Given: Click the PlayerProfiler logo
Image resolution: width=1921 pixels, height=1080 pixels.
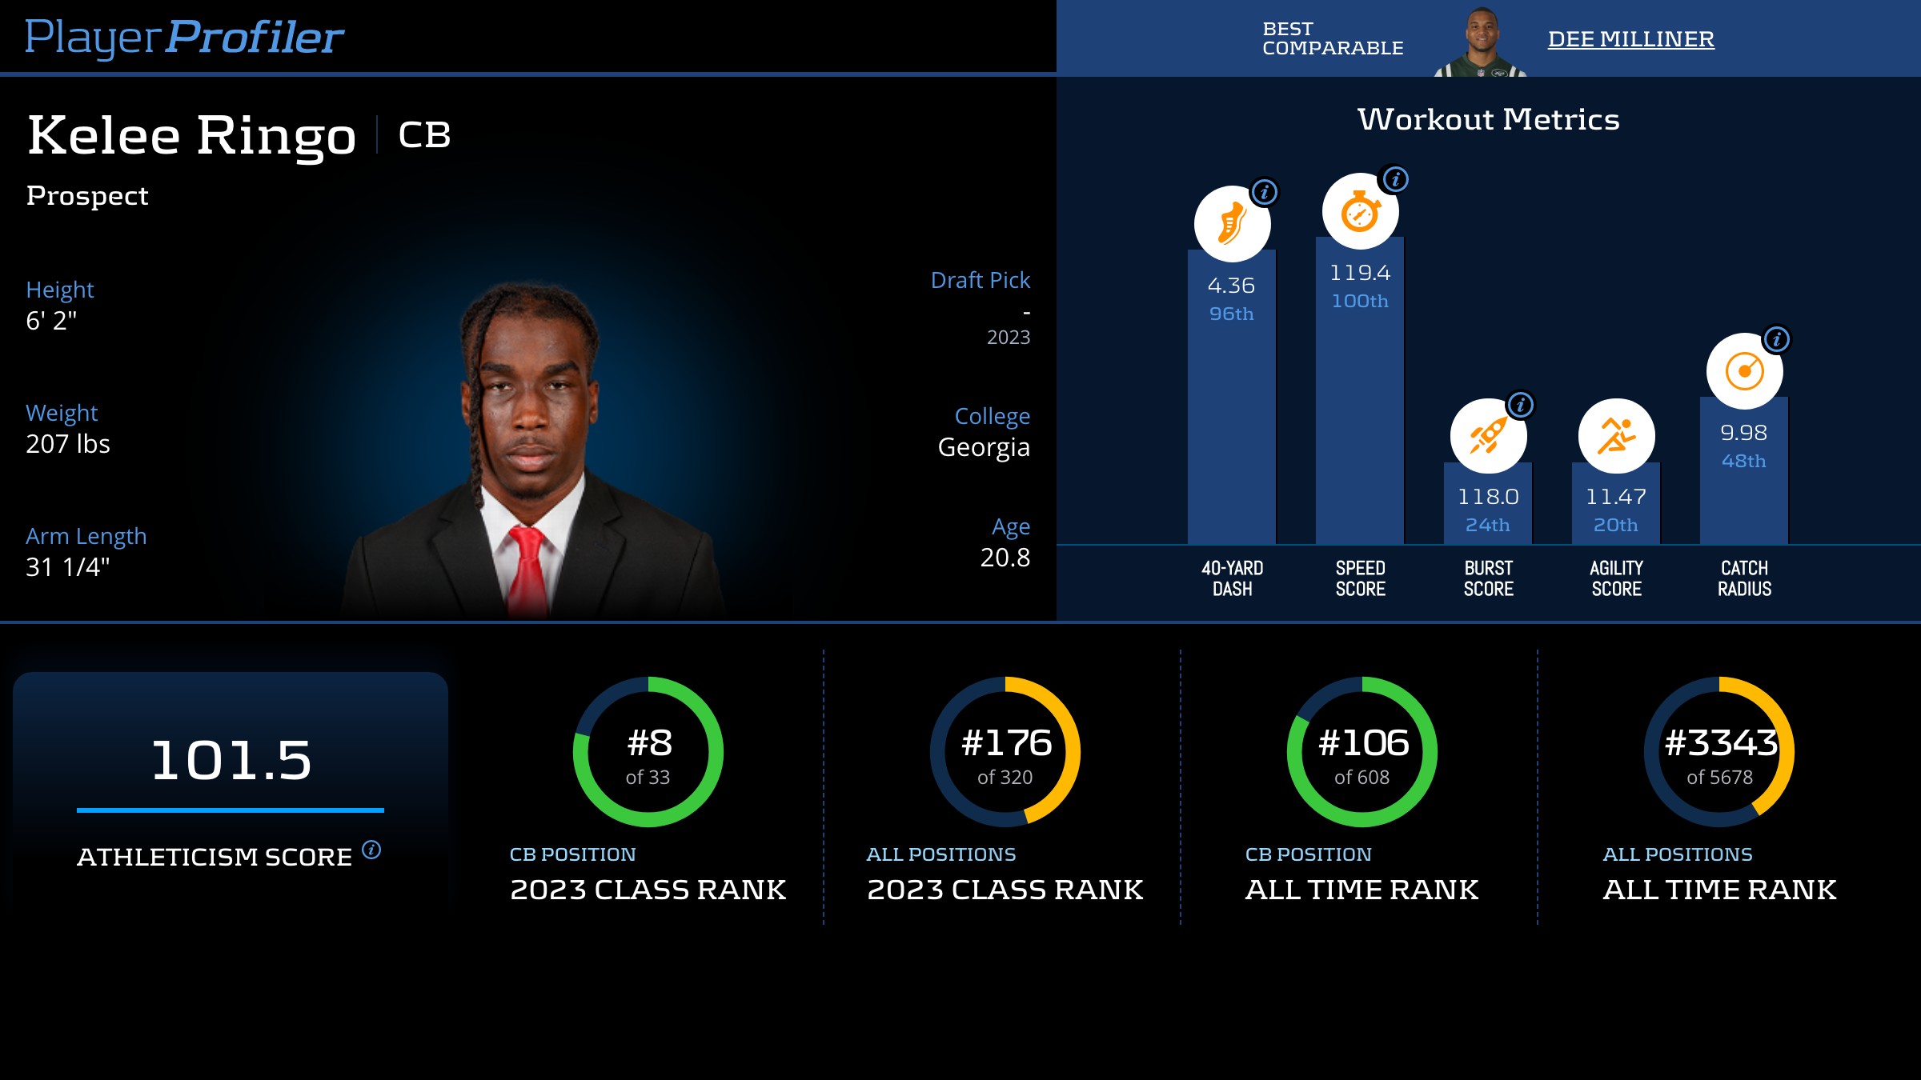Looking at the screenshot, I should (184, 37).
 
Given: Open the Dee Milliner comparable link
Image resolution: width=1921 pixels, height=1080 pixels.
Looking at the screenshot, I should (1630, 39).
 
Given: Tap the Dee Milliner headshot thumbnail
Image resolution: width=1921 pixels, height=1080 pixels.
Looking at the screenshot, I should (1482, 42).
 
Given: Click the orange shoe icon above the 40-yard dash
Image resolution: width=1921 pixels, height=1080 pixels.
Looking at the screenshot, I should (1232, 223).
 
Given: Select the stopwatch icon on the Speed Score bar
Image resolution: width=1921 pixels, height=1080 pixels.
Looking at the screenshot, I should (1360, 212).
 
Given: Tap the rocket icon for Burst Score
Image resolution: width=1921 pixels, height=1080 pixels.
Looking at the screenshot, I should (1488, 436).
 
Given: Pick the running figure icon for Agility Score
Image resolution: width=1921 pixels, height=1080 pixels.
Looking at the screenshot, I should (1616, 436).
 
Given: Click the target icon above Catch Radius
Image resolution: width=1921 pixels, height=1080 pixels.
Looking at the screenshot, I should (1744, 371).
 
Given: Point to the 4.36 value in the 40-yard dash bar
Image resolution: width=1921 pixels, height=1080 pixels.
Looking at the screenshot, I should (1231, 286).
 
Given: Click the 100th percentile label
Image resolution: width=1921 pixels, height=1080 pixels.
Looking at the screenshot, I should (1360, 302).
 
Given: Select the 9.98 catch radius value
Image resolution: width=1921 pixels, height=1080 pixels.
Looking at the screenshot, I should (1743, 433).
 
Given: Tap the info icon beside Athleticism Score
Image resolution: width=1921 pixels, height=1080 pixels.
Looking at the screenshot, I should (371, 850).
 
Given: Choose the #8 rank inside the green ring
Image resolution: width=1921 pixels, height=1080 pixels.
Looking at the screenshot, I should (649, 743).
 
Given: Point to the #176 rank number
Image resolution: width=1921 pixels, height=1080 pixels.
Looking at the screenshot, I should (1006, 743).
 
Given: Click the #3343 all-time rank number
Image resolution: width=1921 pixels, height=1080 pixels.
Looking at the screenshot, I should (1720, 743).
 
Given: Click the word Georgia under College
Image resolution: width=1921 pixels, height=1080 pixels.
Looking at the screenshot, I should (984, 447).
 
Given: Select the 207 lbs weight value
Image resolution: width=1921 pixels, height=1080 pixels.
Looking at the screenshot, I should (68, 444).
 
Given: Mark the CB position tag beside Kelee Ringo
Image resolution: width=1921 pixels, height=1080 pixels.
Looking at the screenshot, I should (424, 135).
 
